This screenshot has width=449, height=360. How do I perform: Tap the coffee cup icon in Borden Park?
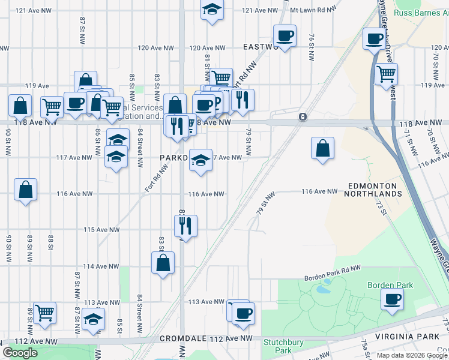pyautogui.click(x=392, y=298)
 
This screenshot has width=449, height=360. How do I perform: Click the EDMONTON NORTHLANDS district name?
pyautogui.click(x=373, y=190)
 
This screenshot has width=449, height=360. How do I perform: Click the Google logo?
pyautogui.click(x=20, y=353)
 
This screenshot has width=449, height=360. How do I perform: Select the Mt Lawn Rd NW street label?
pyautogui.click(x=310, y=11)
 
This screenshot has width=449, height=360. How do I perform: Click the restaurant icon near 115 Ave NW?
pyautogui.click(x=185, y=226)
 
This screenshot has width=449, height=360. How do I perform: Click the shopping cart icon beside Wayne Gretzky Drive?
pyautogui.click(x=386, y=74)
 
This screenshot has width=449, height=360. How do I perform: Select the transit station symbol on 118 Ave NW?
pyautogui.click(x=303, y=116)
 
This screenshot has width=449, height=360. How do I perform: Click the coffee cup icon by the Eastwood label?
pyautogui.click(x=284, y=35)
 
